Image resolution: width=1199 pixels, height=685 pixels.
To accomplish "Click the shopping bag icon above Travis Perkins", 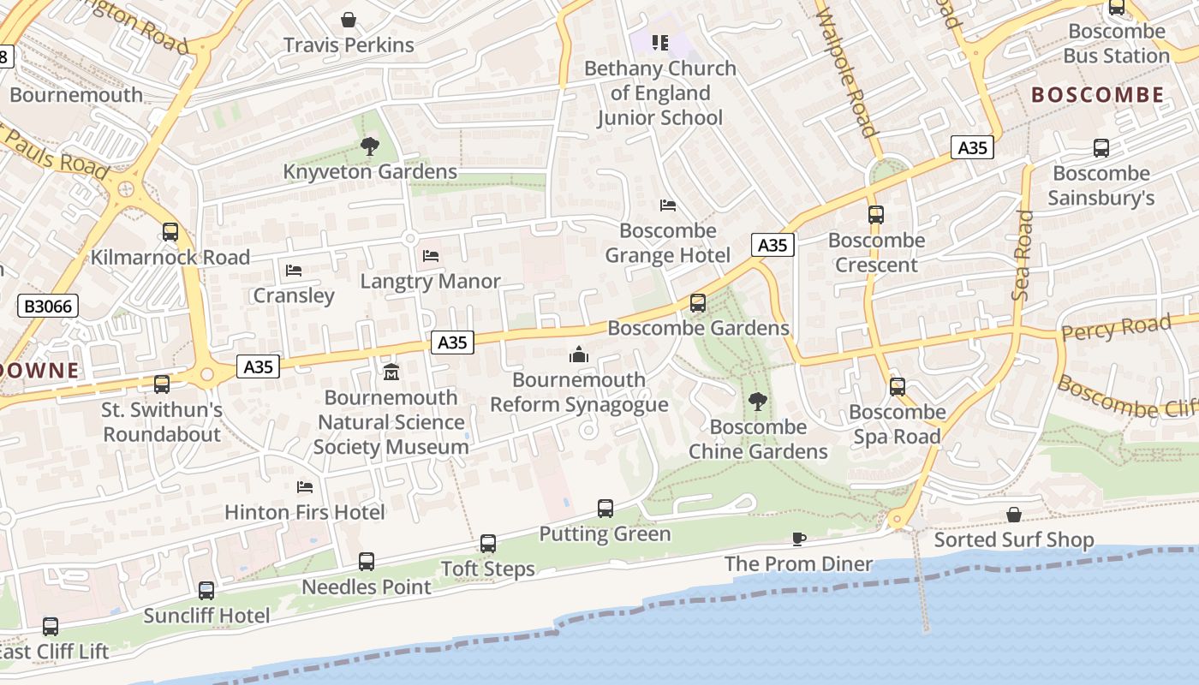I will point(349,19).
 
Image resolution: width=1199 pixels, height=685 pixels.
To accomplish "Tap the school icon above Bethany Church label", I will point(659,42).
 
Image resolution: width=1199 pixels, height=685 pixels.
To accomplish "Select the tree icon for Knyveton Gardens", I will point(370,146).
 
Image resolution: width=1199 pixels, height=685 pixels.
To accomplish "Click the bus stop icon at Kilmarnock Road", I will point(170,231).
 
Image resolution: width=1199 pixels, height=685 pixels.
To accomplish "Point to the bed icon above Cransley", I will point(294,271).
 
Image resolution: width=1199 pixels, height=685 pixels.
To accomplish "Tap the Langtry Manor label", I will point(430,281).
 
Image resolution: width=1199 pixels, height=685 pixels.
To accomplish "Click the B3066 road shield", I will point(48,306).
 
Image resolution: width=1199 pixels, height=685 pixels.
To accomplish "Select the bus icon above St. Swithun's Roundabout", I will point(162,384).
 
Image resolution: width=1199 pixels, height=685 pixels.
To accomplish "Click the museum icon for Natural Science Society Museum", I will point(391,372).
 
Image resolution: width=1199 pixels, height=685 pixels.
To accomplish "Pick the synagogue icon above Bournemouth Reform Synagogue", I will point(579,354).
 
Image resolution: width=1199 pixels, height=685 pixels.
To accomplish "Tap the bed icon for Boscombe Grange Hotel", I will point(668,205).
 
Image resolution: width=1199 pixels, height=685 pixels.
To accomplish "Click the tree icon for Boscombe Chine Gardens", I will point(757,401).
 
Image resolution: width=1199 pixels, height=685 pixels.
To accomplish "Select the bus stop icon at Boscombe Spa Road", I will point(897,386).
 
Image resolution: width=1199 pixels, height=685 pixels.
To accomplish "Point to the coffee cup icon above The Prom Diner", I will point(798,539).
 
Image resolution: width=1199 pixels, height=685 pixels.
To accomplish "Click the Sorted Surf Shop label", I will point(1014,539).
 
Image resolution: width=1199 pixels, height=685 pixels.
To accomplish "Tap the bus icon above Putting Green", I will point(605,509).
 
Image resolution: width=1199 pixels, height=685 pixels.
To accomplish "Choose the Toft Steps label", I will point(487,569).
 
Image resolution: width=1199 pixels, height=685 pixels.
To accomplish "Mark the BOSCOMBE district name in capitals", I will point(1098,95).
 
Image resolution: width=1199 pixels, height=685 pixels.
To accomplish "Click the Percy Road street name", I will point(1115,328).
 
